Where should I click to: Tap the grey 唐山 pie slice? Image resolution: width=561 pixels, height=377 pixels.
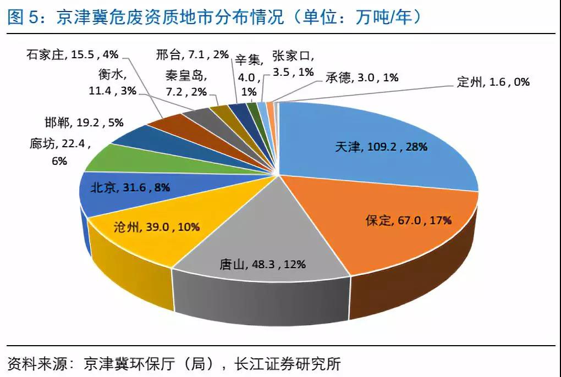[258, 242]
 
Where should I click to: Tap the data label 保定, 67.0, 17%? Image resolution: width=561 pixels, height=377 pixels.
[409, 220]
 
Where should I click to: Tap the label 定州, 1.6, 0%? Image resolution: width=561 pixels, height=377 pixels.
[493, 82]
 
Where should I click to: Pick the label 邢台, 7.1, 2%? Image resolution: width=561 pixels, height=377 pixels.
[192, 54]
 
